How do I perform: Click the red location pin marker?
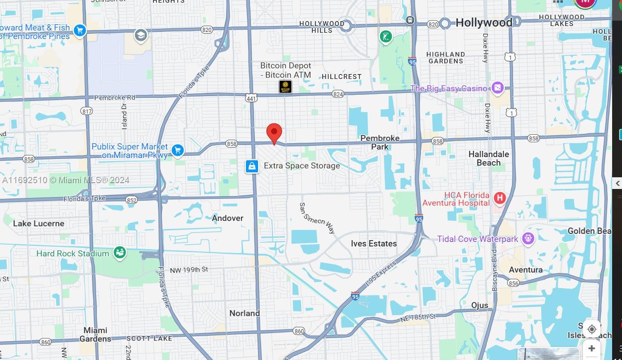(274, 133)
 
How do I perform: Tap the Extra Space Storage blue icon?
(252, 166)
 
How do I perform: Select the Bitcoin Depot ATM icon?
(285, 87)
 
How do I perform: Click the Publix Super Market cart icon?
(178, 150)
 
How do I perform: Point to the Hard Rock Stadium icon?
(119, 253)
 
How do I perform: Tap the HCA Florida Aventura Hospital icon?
(499, 198)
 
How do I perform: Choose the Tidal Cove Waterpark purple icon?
(528, 239)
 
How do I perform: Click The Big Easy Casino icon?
(497, 88)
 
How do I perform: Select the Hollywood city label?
(484, 22)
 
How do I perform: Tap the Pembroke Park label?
(380, 142)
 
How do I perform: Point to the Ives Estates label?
(374, 243)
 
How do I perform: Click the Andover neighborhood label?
(228, 218)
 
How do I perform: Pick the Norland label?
(245, 313)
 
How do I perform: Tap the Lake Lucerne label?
(39, 224)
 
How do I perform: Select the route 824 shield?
(338, 94)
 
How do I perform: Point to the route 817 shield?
(87, 111)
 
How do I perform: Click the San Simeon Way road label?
(317, 218)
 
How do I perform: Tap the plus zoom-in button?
(591, 348)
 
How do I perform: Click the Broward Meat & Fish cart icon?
(80, 31)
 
